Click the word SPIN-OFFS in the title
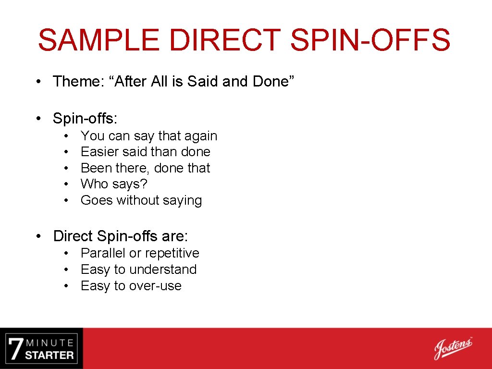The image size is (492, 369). point(370,40)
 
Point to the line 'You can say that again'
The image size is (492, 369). point(149,136)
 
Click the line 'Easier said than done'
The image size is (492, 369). point(146,152)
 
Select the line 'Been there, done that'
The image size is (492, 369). point(146,168)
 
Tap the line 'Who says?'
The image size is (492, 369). point(114,184)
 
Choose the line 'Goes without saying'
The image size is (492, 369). point(141,200)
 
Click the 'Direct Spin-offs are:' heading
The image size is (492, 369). point(121,236)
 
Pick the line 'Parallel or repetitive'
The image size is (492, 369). point(140,253)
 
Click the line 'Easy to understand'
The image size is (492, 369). point(139,270)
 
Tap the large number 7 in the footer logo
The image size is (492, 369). point(15,349)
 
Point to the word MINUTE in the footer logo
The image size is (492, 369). point(50,343)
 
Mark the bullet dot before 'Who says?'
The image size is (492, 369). point(66,184)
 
